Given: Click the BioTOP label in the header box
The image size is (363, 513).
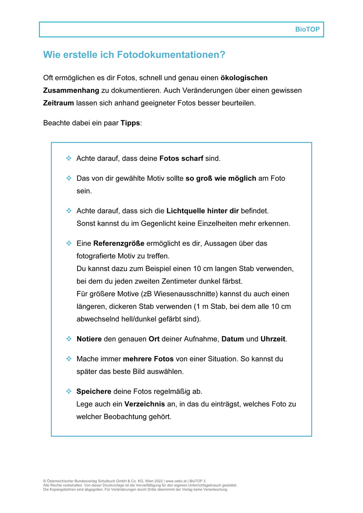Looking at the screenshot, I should [307, 30].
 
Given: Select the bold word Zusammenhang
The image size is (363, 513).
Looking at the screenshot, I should [71, 90].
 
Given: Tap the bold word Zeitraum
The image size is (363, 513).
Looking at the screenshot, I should [58, 103].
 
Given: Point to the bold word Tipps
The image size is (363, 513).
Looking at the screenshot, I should [130, 123].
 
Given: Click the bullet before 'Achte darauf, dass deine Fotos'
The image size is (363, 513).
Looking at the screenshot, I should [69, 158].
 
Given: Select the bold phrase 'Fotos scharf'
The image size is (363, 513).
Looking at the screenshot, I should [181, 158].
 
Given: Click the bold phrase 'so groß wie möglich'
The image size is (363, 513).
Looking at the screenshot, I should [221, 178].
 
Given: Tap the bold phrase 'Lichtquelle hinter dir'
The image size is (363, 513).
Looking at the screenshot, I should [202, 211].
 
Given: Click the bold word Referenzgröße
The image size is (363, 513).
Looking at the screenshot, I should [119, 243].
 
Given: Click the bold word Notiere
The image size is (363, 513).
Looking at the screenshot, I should [89, 339].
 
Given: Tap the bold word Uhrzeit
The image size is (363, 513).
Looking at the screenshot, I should [273, 339].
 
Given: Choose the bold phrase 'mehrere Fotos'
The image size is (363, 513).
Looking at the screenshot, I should [148, 359].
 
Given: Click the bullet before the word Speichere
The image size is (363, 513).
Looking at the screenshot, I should [69, 391].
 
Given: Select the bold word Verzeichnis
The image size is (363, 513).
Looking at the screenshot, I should [145, 404].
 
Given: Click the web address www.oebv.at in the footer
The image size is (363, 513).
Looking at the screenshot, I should [176, 481].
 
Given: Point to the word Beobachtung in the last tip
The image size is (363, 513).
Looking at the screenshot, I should [123, 417].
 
